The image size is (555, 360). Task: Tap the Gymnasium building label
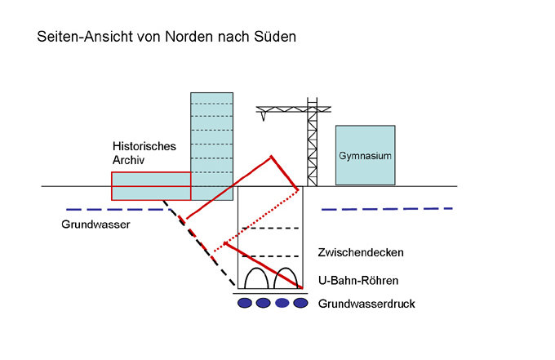point(364,155)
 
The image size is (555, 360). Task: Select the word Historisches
point(144,147)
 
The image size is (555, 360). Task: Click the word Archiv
point(128,161)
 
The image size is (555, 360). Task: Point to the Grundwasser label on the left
point(95,223)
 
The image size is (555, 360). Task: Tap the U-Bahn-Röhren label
point(358,280)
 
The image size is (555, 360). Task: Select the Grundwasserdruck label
point(366,304)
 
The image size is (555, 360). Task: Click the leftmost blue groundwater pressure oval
point(245,304)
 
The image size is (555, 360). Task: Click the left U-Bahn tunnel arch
point(253,278)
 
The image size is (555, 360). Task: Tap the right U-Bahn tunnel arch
point(286,278)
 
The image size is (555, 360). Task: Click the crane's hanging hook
point(264,117)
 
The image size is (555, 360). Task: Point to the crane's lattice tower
point(312,147)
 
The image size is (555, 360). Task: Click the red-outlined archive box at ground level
point(151,186)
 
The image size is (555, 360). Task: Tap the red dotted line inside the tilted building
point(256,221)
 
